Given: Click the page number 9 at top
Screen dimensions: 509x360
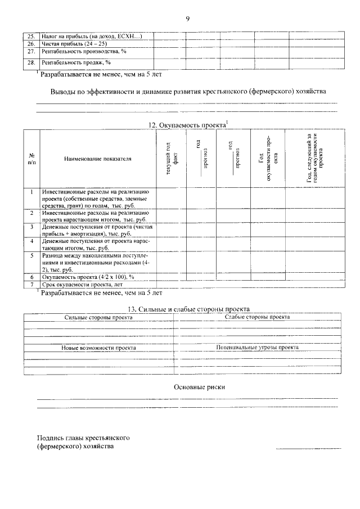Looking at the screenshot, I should (187, 19).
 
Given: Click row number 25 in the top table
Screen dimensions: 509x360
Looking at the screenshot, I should (31, 37).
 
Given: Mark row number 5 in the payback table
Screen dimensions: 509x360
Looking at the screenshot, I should (31, 255).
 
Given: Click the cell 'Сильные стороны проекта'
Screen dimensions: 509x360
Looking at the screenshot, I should (98, 317).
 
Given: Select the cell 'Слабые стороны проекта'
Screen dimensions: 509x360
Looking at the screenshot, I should (257, 317).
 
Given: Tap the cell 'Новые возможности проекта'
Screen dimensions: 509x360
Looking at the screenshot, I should (98, 348).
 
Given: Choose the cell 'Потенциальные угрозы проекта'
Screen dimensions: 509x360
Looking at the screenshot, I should (257, 348).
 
